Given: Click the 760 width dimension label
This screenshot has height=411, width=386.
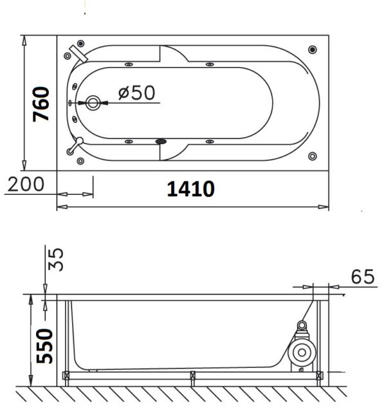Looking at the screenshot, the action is coord(41,104).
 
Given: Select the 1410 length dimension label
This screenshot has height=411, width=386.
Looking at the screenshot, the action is coord(191,188).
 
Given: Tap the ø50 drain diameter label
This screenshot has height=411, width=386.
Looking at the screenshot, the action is coord(136,92).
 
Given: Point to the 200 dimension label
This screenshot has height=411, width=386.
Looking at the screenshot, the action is coord(26,184).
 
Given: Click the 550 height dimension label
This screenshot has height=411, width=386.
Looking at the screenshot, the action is coord(44,346).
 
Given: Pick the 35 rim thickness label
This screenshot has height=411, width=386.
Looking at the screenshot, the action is coord(55,259).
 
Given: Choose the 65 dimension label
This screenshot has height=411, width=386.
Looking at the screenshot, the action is coord(363,277).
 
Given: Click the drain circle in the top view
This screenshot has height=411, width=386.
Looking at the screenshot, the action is coord(93,103).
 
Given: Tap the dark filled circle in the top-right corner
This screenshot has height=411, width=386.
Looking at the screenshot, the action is coord(312,50).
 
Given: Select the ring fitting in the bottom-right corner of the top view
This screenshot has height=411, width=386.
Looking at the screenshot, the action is coord(312,156).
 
